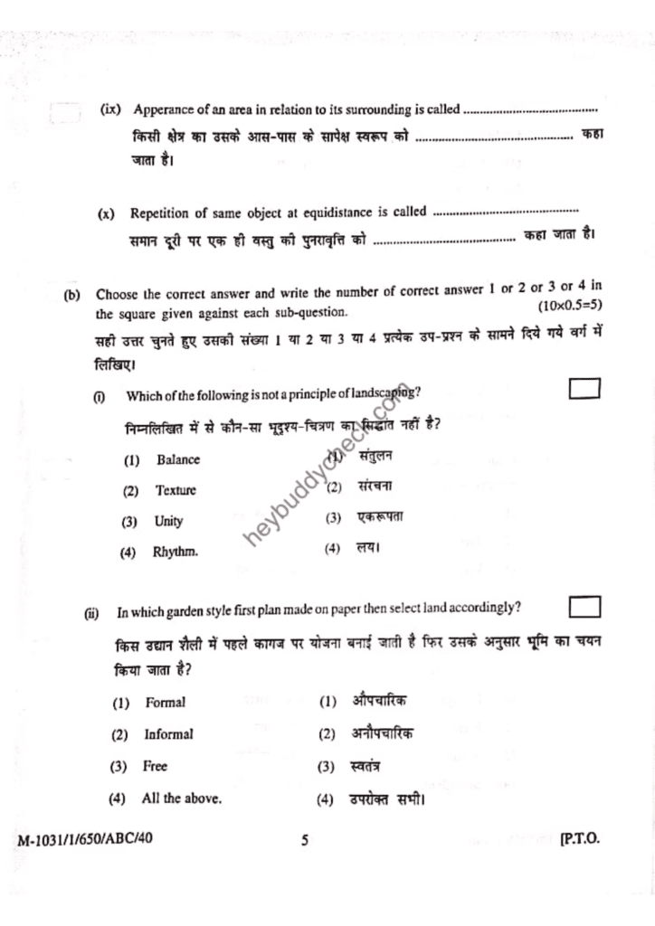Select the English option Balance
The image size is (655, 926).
click(x=177, y=459)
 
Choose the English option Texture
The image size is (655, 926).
click(x=176, y=491)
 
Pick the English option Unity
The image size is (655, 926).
click(x=168, y=522)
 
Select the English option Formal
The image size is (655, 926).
click(x=166, y=703)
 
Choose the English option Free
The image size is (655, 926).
click(x=155, y=766)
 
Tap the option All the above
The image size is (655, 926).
click(x=181, y=798)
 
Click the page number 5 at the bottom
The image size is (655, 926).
click(x=305, y=840)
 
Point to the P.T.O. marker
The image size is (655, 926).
click(x=580, y=839)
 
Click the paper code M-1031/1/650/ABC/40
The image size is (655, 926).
click(x=85, y=837)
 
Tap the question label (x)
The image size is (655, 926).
click(x=107, y=214)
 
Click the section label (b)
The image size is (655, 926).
click(x=72, y=295)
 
